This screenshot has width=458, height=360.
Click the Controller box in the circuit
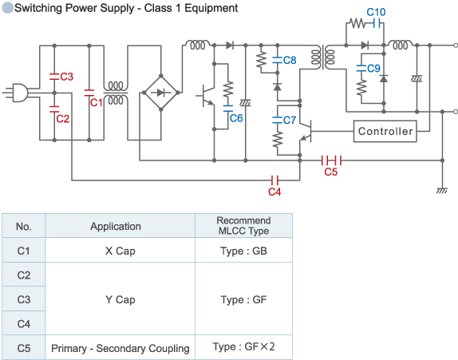pyautogui.click(x=385, y=131)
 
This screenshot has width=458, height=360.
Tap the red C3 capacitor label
pyautogui.click(x=67, y=77)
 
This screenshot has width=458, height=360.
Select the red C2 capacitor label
pyautogui.click(x=62, y=118)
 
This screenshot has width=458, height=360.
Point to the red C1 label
pyautogui.click(x=95, y=102)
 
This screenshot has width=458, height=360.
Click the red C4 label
pyautogui.click(x=274, y=192)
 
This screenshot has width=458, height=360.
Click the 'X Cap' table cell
pyautogui.click(x=120, y=250)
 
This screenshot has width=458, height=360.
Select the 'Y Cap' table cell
pyautogui.click(x=120, y=299)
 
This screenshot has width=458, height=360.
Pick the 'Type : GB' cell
pyautogui.click(x=243, y=250)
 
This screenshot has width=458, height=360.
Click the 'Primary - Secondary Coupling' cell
pyautogui.click(x=120, y=348)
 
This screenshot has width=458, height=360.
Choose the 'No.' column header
pyautogui.click(x=24, y=226)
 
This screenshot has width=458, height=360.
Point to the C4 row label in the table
pyautogui.click(x=24, y=323)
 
